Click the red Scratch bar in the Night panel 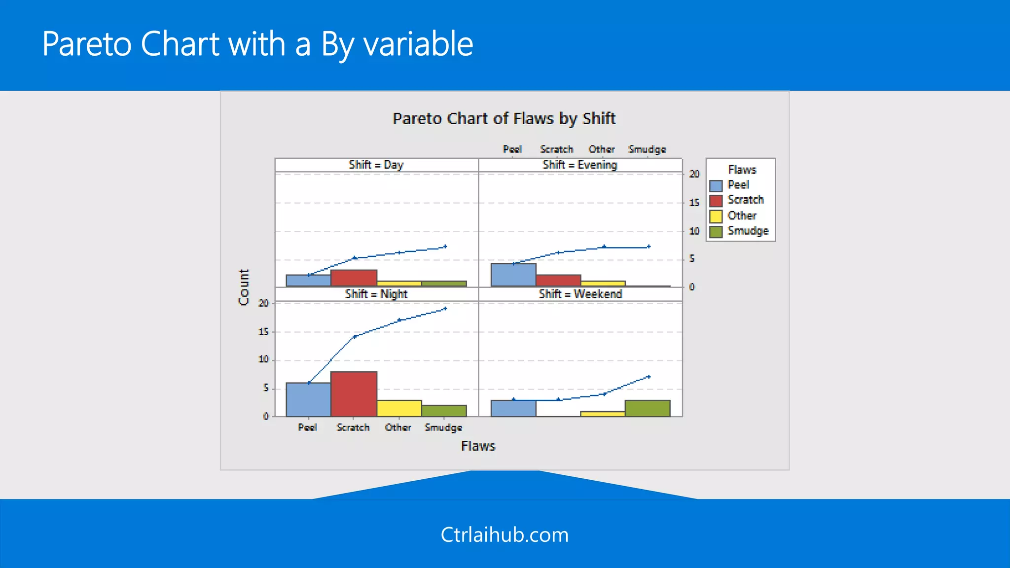354,394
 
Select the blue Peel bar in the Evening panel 513,275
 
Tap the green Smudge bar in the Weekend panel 647,408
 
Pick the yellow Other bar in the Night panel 399,408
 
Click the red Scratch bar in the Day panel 354,278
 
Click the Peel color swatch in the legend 716,186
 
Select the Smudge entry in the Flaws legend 748,231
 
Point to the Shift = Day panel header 376,165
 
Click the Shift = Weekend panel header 580,294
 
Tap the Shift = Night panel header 376,294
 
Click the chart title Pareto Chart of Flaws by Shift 504,118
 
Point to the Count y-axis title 244,287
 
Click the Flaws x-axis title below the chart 478,446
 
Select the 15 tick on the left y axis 264,332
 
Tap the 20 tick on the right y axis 694,174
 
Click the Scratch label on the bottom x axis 353,427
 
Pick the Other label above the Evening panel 601,149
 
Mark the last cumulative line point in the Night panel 445,309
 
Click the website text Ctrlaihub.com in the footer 505,535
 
